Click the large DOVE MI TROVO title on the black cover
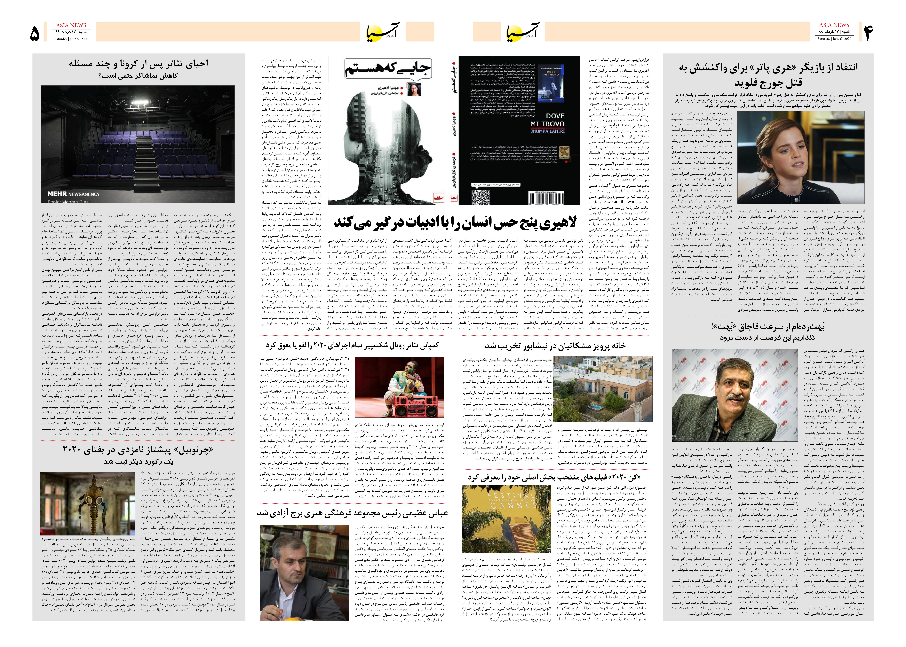[x=547, y=120]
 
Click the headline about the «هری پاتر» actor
[x=768, y=74]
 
